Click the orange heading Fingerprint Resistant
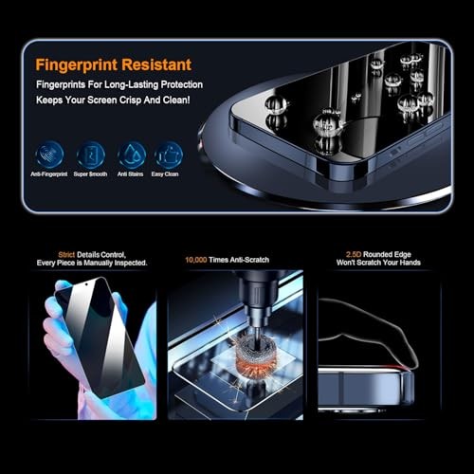[113, 64]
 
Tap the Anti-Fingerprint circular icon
[49, 154]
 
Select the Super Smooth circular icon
[90, 154]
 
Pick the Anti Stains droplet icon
[131, 154]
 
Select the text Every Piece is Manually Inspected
[93, 263]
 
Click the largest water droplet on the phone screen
[327, 121]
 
